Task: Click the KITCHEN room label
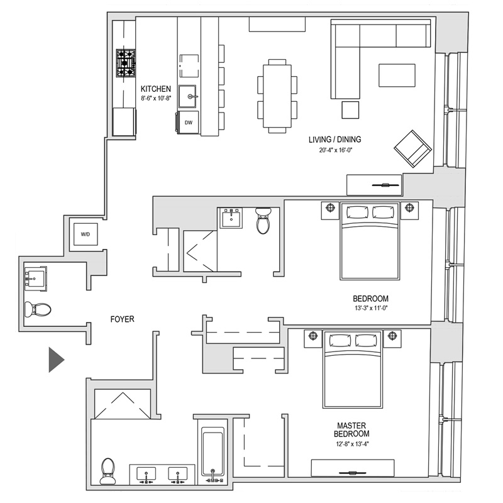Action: [156, 89]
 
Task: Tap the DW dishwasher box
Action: [189, 123]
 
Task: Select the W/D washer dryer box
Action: [85, 235]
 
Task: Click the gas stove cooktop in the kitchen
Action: [126, 62]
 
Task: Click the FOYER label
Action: [122, 319]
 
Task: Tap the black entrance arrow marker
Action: [57, 358]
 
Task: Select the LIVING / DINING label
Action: [334, 140]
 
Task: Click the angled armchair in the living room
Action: [412, 149]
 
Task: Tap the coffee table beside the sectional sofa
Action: [397, 75]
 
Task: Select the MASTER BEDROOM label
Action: [351, 429]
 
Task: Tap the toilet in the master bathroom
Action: [108, 470]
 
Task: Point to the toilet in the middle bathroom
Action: [263, 221]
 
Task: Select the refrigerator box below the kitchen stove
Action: [124, 119]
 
